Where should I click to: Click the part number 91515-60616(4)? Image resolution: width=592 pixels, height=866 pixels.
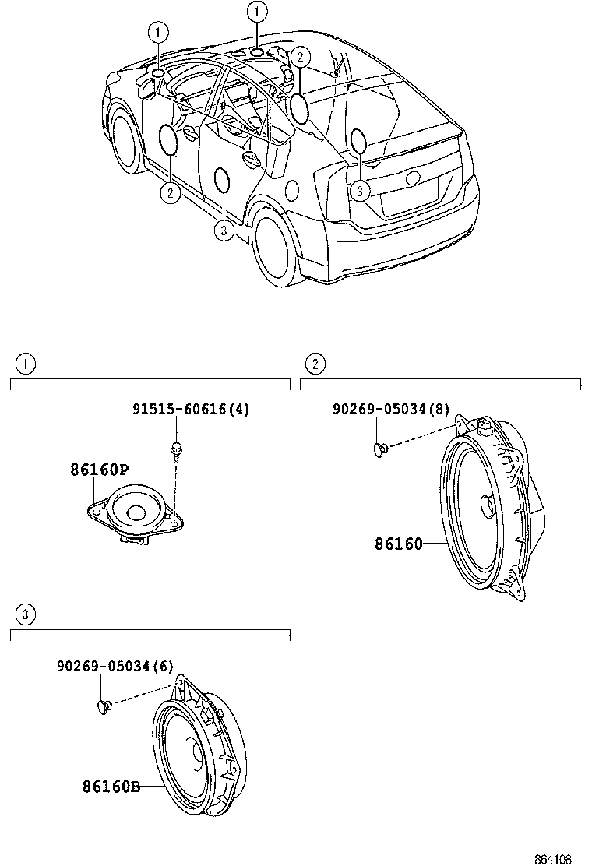click(x=190, y=409)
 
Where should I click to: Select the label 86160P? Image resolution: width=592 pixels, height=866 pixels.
click(x=99, y=470)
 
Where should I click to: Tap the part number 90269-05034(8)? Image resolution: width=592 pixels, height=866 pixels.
click(x=390, y=409)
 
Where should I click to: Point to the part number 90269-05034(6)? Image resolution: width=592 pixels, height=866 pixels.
click(x=115, y=666)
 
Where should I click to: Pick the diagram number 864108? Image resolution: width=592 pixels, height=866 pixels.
click(x=553, y=858)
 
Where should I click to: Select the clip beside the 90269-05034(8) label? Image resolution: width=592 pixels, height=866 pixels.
click(x=379, y=449)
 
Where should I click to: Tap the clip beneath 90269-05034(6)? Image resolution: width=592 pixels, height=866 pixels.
click(x=103, y=706)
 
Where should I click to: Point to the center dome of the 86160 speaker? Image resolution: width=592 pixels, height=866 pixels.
click(x=486, y=505)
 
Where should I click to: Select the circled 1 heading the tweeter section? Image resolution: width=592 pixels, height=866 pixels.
click(x=26, y=363)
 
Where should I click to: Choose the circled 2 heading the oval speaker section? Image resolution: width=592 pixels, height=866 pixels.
click(x=315, y=363)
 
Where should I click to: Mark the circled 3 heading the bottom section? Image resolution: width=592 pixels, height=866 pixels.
click(x=26, y=615)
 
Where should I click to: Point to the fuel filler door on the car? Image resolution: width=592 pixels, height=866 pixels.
click(x=294, y=190)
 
